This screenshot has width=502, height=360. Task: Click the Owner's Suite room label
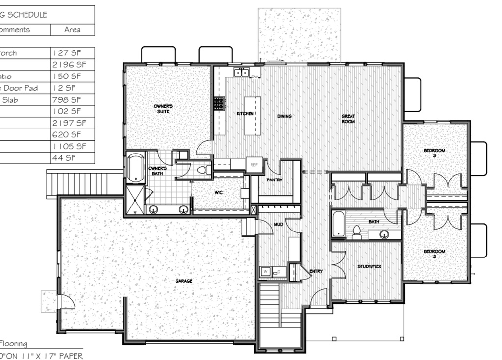[163, 108]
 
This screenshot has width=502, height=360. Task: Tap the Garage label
[184, 281]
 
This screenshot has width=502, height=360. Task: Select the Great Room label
[348, 118]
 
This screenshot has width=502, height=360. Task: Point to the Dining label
[284, 116]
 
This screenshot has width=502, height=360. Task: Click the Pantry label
[275, 180]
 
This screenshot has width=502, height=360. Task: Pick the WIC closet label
[219, 193]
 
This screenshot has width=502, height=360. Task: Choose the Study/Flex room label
[369, 267]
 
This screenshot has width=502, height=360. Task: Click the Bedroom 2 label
[434, 254]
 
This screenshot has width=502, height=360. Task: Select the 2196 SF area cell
[69, 65]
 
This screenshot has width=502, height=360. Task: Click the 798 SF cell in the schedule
[69, 100]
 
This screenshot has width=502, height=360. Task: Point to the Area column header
[73, 30]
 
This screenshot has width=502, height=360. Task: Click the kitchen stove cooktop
[219, 103]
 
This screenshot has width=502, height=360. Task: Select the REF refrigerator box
[254, 165]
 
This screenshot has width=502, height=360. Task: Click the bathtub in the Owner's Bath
[136, 168]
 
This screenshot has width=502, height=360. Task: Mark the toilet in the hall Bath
[357, 232]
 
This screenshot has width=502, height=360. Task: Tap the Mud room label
[278, 224]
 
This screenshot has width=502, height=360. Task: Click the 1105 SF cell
[69, 146]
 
